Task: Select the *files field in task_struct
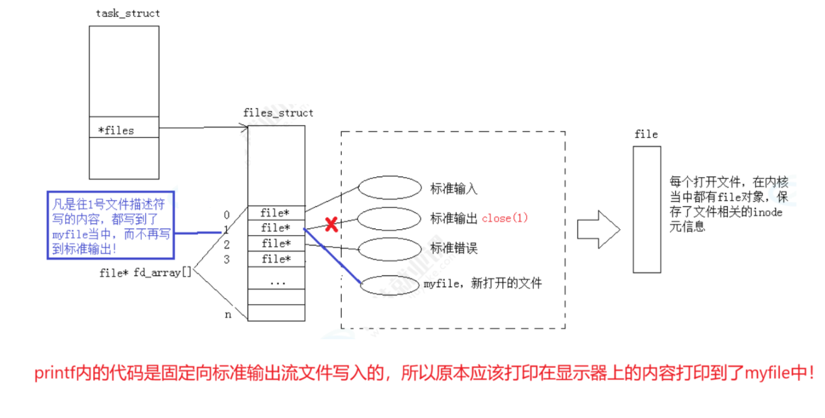(x=116, y=130)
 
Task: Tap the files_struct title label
(x=278, y=113)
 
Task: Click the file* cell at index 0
(x=276, y=213)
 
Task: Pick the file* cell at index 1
(x=276, y=228)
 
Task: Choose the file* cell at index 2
(x=276, y=244)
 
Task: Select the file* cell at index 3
(x=276, y=259)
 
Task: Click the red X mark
(x=331, y=225)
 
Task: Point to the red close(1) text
(x=505, y=219)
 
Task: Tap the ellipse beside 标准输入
(x=390, y=188)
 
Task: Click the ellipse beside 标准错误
(x=390, y=249)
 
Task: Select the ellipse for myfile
(x=390, y=285)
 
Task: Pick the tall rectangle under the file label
(x=647, y=209)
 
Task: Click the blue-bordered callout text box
(x=110, y=225)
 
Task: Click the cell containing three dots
(x=276, y=282)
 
